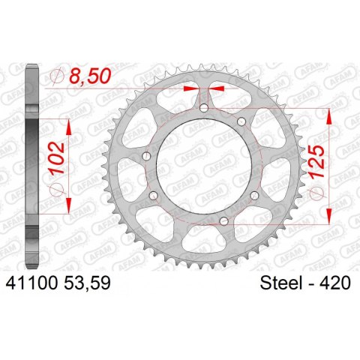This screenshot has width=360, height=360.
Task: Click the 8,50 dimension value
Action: coord(90,76)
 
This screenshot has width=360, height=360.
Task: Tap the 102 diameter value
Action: coord(57,157)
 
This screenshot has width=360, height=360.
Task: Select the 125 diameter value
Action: coord(316,162)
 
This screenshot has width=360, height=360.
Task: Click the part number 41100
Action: coord(32,283)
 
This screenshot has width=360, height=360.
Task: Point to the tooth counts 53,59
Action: coord(88,283)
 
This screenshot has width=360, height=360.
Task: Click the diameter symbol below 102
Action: coord(57,188)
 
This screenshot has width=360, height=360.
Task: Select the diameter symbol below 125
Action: coord(316,193)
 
